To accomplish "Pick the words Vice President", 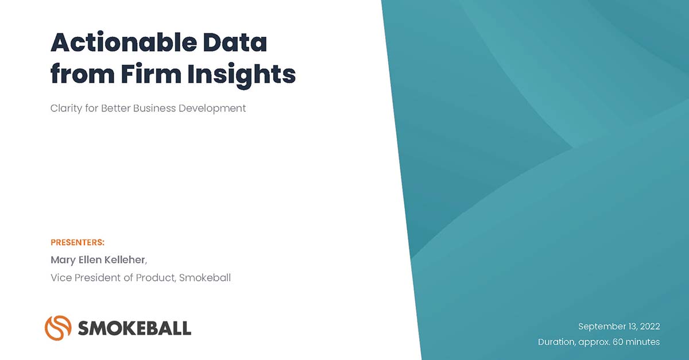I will (86, 278).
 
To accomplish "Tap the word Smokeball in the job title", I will (205, 278).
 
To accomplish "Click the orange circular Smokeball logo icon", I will (57, 327).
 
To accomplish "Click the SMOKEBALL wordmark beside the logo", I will (134, 328).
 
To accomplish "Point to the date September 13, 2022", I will (619, 326).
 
